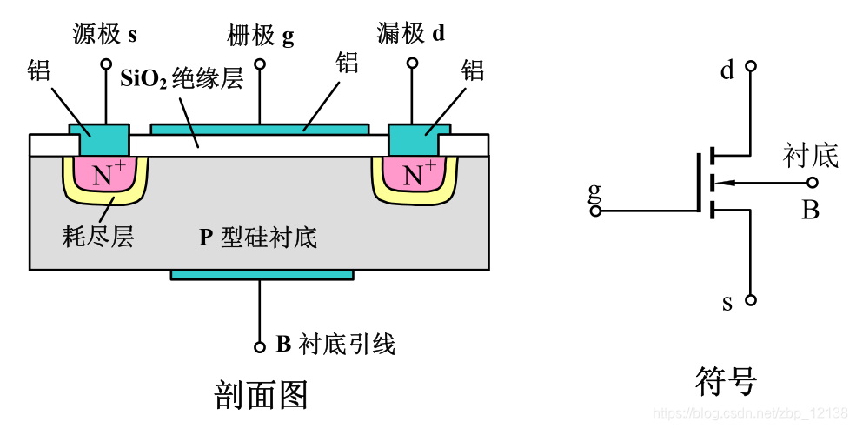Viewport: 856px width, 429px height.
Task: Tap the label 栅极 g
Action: pyautogui.click(x=260, y=35)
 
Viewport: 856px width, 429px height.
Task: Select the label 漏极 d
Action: pyautogui.click(x=412, y=34)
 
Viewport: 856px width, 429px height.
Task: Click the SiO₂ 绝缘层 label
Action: pyautogui.click(x=181, y=78)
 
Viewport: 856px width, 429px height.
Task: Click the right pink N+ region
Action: pyautogui.click(x=415, y=174)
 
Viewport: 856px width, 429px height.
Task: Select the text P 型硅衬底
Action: pyautogui.click(x=258, y=237)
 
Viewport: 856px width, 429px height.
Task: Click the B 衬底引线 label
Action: pyautogui.click(x=335, y=345)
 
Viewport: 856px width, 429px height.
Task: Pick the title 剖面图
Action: pyautogui.click(x=260, y=394)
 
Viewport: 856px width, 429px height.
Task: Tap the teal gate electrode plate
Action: pyautogui.click(x=259, y=129)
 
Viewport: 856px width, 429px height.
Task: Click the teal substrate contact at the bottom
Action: pyautogui.click(x=262, y=274)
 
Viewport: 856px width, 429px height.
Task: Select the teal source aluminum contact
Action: pyautogui.click(x=99, y=137)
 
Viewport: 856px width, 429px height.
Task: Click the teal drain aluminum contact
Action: pyautogui.click(x=418, y=137)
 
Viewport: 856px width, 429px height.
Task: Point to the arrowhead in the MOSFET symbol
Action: pyautogui.click(x=721, y=183)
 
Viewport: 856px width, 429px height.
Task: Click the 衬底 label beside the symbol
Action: pyautogui.click(x=810, y=156)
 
